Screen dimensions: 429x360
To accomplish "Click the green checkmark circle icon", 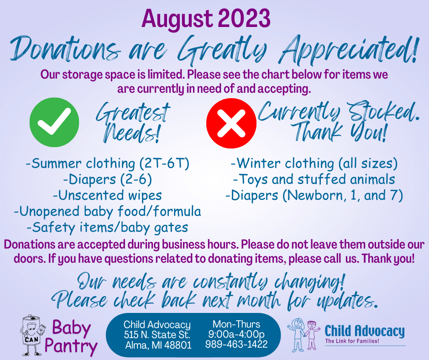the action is pyautogui.click(x=54, y=122).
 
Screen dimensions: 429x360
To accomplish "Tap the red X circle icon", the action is pyautogui.click(x=231, y=123).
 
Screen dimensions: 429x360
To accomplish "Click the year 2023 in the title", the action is pyautogui.click(x=245, y=18).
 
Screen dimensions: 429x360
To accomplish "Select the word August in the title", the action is pyautogui.click(x=177, y=19).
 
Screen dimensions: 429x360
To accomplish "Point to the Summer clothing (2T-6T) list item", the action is pyautogui.click(x=108, y=164).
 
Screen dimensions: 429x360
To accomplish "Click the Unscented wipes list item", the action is pyautogui.click(x=107, y=196).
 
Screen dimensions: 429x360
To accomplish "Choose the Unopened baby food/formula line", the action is pyautogui.click(x=108, y=212).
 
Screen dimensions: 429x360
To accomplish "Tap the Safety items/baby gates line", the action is pyautogui.click(x=108, y=228).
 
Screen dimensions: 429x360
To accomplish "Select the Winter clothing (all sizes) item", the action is pyautogui.click(x=314, y=164).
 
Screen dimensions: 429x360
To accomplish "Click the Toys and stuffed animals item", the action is pyautogui.click(x=314, y=180).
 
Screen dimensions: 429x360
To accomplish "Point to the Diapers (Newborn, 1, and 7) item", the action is pyautogui.click(x=314, y=196).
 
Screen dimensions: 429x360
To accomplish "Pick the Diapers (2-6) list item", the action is pyautogui.click(x=108, y=180).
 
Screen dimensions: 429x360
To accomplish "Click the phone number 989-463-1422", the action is pyautogui.click(x=236, y=344).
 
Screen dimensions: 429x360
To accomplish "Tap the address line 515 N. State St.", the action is pyautogui.click(x=157, y=335).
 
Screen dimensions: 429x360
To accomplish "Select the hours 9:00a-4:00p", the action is pyautogui.click(x=236, y=334).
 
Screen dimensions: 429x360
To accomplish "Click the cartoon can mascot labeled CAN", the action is pyautogui.click(x=32, y=335).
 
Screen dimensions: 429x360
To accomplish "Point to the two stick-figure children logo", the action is pyautogui.click(x=303, y=335).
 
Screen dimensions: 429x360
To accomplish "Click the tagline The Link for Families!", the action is pyautogui.click(x=352, y=341).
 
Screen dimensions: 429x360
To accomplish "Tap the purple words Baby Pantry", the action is pyautogui.click(x=71, y=337).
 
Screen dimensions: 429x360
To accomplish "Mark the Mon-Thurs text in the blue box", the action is pyautogui.click(x=236, y=324).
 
